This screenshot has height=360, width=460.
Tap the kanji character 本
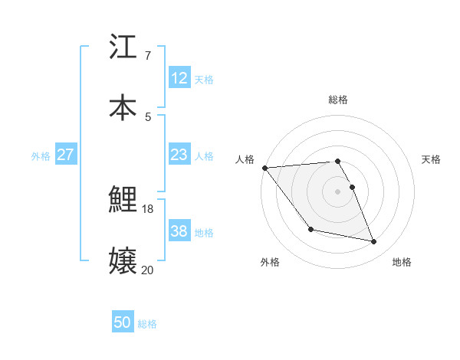(123, 107)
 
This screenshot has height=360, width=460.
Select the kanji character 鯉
(123, 200)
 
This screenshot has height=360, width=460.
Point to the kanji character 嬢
(123, 260)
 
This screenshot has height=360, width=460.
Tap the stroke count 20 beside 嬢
(148, 270)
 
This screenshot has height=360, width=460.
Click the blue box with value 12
(179, 78)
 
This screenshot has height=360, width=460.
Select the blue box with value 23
(179, 155)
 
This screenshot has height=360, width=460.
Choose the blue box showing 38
(179, 231)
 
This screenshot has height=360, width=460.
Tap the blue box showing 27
(65, 155)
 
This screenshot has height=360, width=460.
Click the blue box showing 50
(123, 322)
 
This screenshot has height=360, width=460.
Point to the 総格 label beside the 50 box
(147, 324)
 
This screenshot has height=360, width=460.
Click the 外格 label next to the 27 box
(41, 156)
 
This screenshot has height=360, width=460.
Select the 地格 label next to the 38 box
(204, 233)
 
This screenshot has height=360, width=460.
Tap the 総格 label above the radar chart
(338, 100)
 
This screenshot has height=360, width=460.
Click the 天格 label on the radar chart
(432, 159)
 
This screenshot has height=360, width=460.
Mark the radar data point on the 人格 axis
(265, 168)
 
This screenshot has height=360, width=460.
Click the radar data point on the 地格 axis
(374, 242)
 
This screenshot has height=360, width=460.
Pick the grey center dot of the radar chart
(337, 191)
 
